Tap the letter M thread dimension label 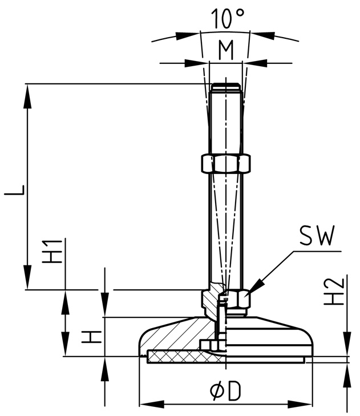(226, 51)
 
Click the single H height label (91, 337)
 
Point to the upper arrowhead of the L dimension (27, 94)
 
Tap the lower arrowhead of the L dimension (27, 280)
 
